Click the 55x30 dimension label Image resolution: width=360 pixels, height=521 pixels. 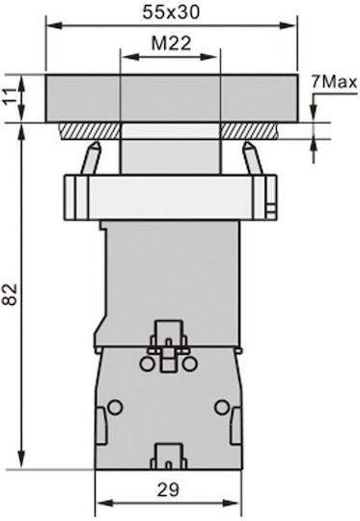click(x=171, y=13)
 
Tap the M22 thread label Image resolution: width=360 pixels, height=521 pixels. click(x=171, y=43)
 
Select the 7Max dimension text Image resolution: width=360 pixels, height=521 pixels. click(x=334, y=82)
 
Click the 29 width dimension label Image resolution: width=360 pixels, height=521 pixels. click(x=168, y=490)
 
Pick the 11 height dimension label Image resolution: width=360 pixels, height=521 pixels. click(x=12, y=96)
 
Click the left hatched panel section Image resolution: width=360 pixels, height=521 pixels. click(x=90, y=131)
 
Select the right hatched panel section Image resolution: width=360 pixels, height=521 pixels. click(x=249, y=131)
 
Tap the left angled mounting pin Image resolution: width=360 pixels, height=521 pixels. click(x=91, y=158)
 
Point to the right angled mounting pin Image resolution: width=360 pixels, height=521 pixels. click(x=252, y=158)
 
